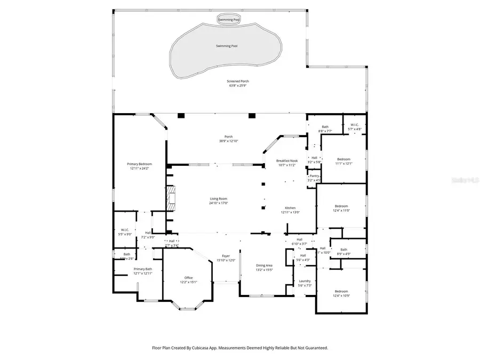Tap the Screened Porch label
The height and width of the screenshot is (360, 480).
(239, 82)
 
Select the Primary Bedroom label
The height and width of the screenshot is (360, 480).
(139, 164)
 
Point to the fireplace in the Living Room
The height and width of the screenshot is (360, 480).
(170, 196)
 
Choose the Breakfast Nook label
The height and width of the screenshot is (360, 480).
(286, 161)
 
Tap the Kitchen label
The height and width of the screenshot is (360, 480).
(290, 208)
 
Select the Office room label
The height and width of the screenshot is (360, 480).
(188, 277)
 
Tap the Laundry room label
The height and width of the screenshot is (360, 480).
(305, 281)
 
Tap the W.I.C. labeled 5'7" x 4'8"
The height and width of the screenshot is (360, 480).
(355, 126)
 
